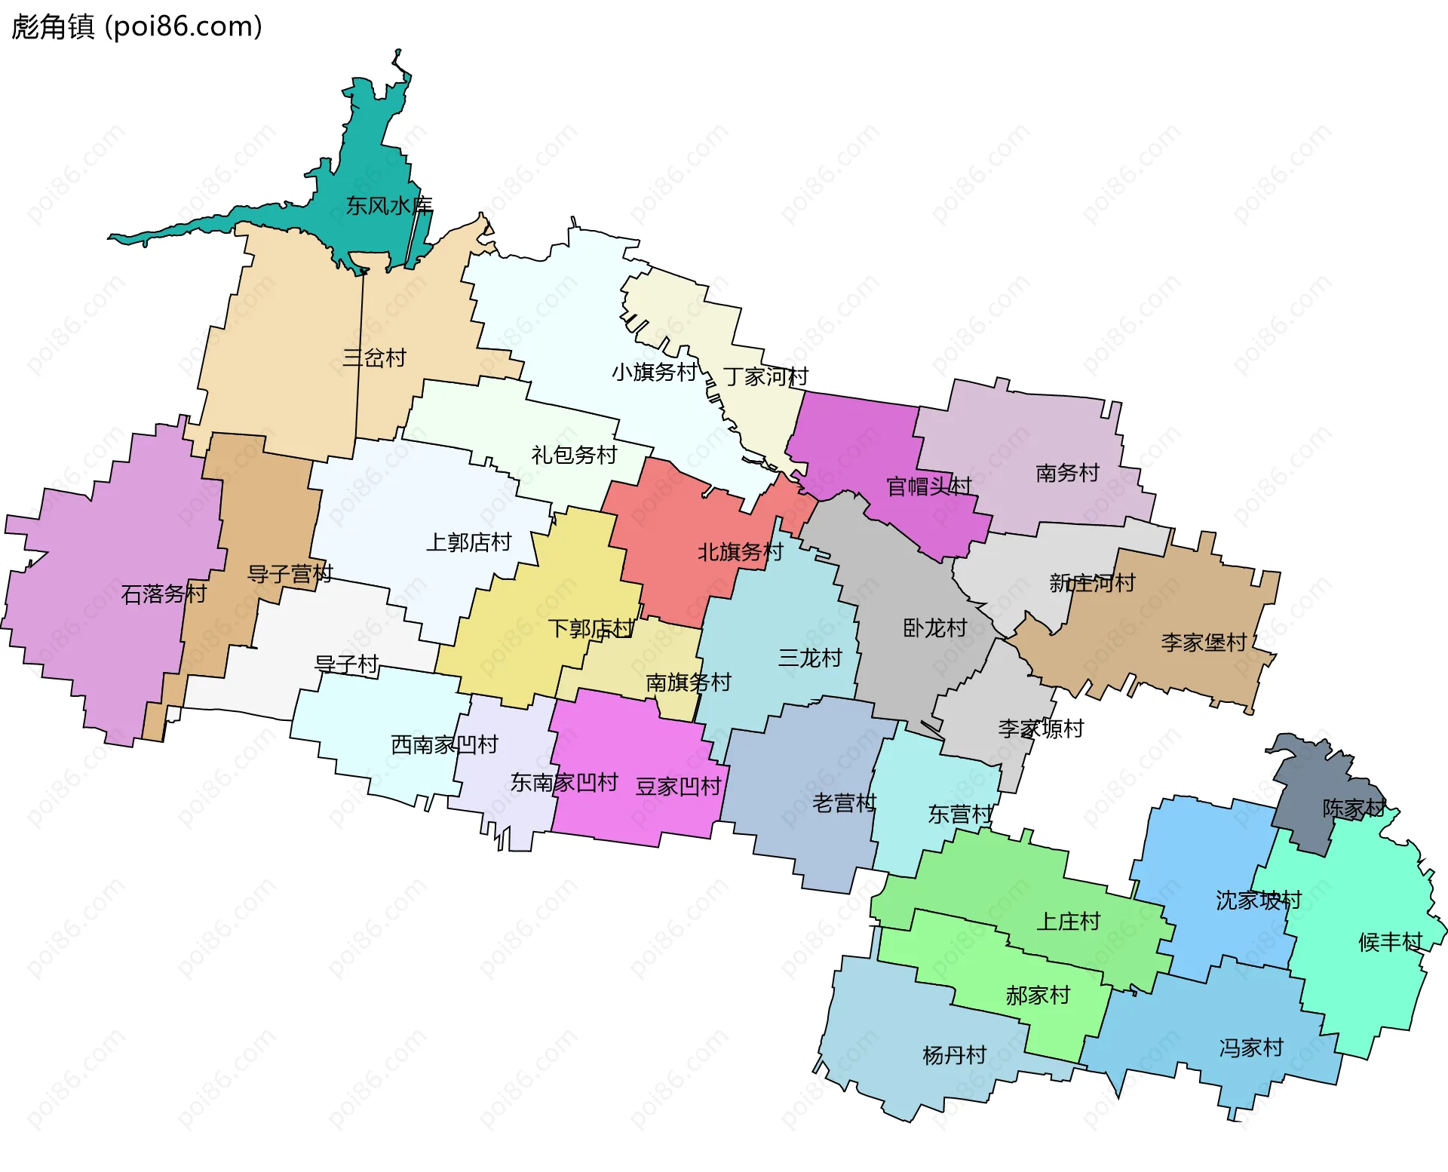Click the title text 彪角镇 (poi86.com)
point(137,26)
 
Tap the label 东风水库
point(389,205)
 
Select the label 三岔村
point(374,357)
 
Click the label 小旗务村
point(654,372)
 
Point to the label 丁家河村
point(765,376)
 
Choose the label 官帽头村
point(928,486)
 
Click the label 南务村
point(1067,473)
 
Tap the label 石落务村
point(164,594)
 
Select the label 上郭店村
point(468,542)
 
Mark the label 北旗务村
point(740,552)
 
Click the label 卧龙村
point(934,628)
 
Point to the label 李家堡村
point(1204,643)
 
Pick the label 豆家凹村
point(678,787)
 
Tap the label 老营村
point(844,803)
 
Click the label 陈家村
point(1354,808)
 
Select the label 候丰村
point(1390,942)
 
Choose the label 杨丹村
point(954,1055)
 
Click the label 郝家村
point(1038,996)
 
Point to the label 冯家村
point(1251,1048)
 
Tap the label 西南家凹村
point(444,745)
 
